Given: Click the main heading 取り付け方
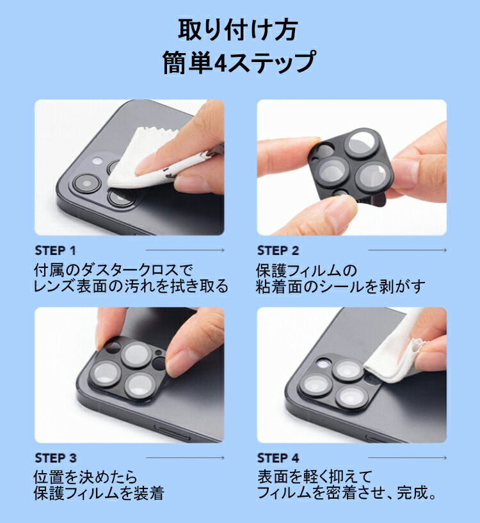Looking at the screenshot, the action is pyautogui.click(x=237, y=29).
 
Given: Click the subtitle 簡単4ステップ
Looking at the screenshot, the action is pyautogui.click(x=239, y=63).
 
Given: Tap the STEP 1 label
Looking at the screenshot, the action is pyautogui.click(x=56, y=251).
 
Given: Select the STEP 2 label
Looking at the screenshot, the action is pyautogui.click(x=278, y=251).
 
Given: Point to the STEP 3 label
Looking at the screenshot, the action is pyautogui.click(x=56, y=458).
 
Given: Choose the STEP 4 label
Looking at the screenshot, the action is pyautogui.click(x=278, y=458).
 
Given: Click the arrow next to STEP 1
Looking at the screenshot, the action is pyautogui.click(x=185, y=250).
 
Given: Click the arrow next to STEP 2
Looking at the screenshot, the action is pyautogui.click(x=407, y=250).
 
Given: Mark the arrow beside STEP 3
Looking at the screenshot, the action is pyautogui.click(x=185, y=458).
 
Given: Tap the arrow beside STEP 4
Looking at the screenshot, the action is pyautogui.click(x=407, y=458).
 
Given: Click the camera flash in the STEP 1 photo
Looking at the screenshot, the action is pyautogui.click(x=97, y=160).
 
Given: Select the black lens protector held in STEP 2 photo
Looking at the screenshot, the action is pyautogui.click(x=351, y=166).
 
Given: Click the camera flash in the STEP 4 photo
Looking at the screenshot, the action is pyautogui.click(x=323, y=364).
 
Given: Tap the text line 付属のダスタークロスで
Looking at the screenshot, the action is pyautogui.click(x=113, y=270).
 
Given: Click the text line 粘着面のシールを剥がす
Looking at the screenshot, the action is pyautogui.click(x=340, y=286).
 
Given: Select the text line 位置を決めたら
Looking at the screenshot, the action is pyautogui.click(x=85, y=478).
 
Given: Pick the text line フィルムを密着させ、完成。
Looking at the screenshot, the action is pyautogui.click(x=347, y=493).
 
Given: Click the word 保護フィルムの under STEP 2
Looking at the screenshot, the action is pyautogui.click(x=307, y=270).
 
